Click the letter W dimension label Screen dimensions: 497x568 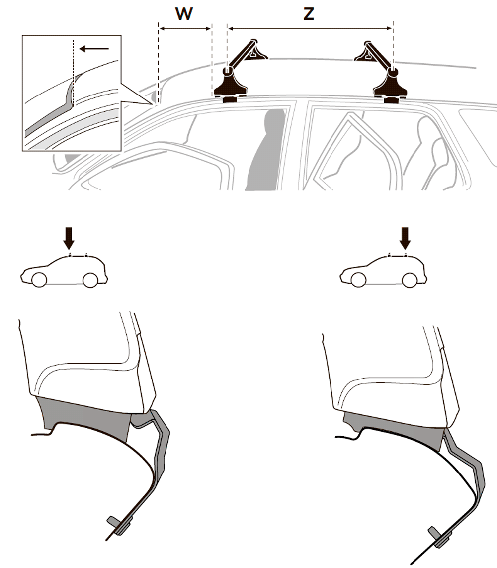184,14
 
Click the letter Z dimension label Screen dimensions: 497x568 309,14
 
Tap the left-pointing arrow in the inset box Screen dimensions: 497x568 94,49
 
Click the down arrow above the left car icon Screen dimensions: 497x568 69,238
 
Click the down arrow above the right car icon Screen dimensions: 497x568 405,238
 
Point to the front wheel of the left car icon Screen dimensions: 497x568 39,280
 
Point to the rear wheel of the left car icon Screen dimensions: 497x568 90,280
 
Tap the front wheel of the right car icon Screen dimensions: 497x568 358,280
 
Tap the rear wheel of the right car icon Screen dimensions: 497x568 410,280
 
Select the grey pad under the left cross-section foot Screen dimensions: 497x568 85,417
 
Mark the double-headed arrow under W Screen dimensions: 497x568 185,28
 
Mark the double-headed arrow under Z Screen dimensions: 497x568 310,28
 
